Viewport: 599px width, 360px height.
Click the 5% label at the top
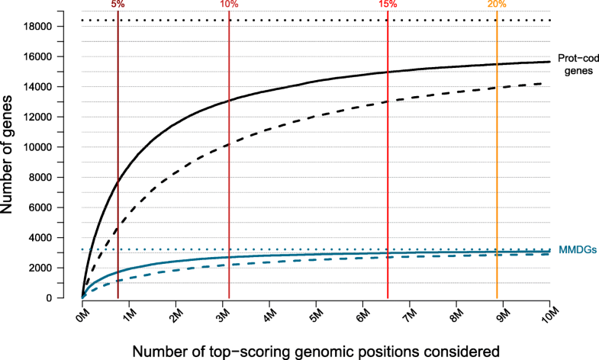click(118, 5)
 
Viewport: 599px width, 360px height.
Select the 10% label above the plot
click(229, 5)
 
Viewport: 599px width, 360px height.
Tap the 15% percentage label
click(388, 5)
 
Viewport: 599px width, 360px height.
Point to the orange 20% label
click(497, 5)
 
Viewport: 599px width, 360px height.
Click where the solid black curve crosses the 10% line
click(229, 101)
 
